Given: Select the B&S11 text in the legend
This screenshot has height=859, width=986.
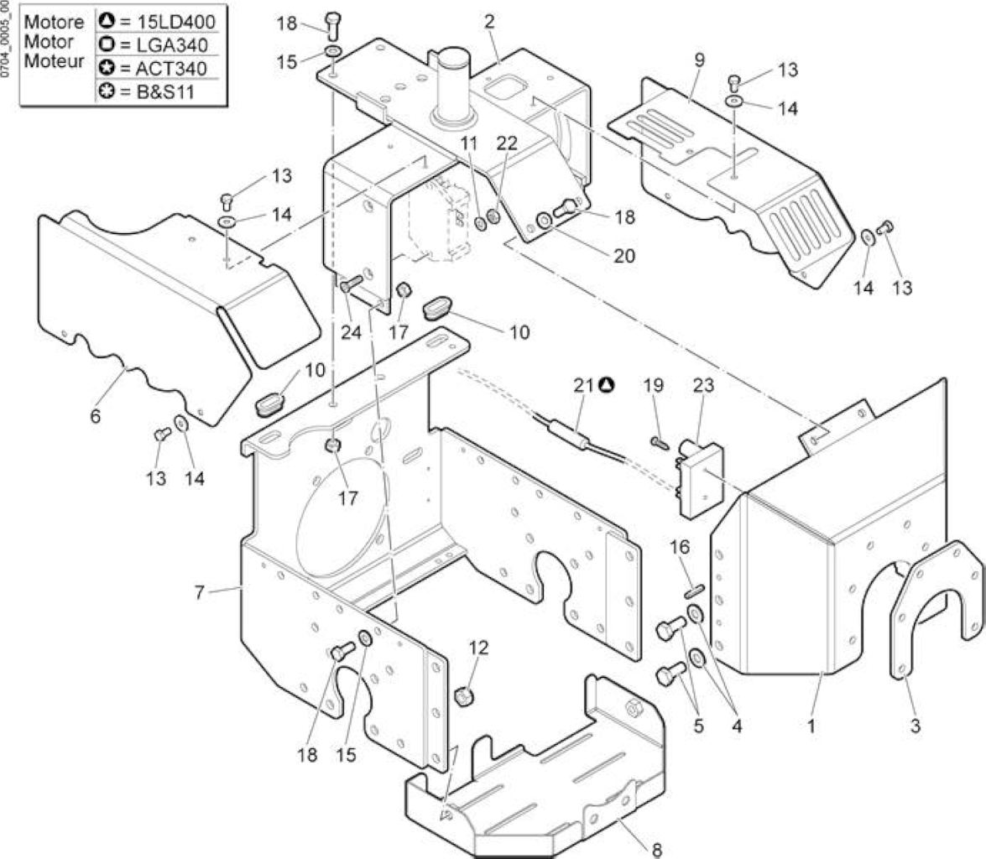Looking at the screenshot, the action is [x=166, y=91].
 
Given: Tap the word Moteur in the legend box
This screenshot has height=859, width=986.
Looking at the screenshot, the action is [x=54, y=61].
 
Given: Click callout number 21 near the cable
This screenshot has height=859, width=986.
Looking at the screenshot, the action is [x=583, y=384].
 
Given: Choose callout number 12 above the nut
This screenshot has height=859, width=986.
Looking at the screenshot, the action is [x=478, y=648].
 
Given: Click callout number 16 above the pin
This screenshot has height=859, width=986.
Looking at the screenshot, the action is [x=680, y=546].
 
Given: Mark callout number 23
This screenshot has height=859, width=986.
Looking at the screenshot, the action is [x=703, y=384].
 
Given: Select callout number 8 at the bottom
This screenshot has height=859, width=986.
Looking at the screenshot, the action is [x=657, y=851].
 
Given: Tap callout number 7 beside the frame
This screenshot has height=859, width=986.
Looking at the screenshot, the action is [x=200, y=592].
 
